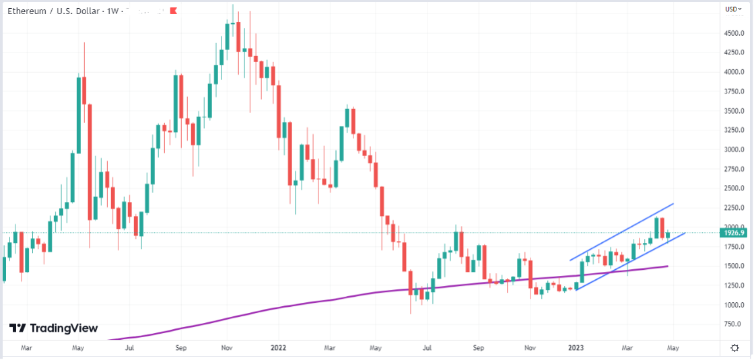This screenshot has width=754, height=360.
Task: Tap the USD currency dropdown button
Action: pos(733,9)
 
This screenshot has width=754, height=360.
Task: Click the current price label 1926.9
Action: pos(734,233)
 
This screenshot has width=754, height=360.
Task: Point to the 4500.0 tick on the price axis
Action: pos(733,33)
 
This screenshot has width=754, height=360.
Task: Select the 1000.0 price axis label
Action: pos(733,304)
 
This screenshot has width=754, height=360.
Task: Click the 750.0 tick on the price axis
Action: pos(733,324)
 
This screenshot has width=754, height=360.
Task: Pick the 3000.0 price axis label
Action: pos(733,149)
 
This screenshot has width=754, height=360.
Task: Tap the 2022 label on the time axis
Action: pos(279,348)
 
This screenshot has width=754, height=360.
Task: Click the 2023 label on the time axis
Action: pos(576,348)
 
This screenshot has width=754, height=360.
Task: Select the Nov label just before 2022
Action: pos(227,348)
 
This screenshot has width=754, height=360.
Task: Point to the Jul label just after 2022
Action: pos(427,348)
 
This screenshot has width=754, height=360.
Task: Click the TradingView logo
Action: pos(53,328)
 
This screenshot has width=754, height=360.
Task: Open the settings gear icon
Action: pos(734,347)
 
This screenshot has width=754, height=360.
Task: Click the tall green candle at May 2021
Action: pos(79,114)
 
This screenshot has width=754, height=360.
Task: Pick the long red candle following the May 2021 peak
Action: pos(89,161)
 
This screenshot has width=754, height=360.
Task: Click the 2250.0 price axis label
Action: pos(733,207)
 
